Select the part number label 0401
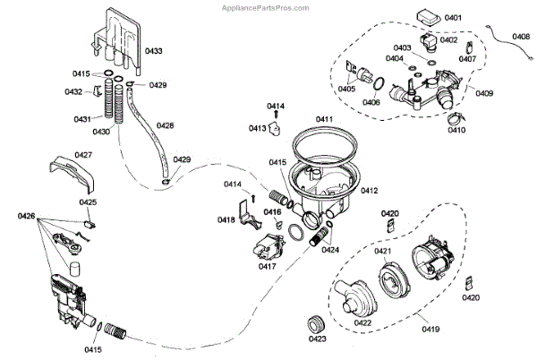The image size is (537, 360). (x=453, y=18)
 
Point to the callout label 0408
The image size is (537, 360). (x=521, y=37)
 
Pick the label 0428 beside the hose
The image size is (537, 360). (x=166, y=125)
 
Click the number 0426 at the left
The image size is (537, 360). (x=26, y=216)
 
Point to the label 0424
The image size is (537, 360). (x=330, y=251)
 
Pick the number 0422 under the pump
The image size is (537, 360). (x=363, y=322)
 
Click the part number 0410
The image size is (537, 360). (x=456, y=131)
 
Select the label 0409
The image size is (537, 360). (x=484, y=93)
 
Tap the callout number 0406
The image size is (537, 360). (x=371, y=102)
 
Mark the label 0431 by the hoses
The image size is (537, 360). (x=82, y=119)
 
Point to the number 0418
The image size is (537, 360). (x=226, y=219)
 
